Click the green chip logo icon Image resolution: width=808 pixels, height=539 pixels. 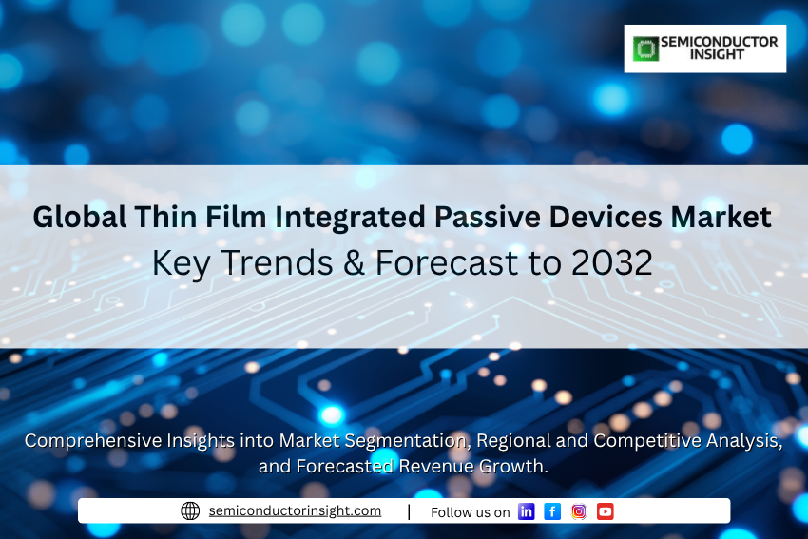tap(645, 48)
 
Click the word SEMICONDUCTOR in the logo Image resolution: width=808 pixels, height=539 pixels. tap(720, 42)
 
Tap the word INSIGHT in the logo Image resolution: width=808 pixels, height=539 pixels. tap(717, 54)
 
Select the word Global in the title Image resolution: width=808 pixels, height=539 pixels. tap(79, 217)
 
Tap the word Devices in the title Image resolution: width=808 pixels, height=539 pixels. tap(605, 217)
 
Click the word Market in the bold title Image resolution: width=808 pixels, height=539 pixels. tap(721, 217)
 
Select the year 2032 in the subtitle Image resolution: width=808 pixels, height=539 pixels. tap(611, 262)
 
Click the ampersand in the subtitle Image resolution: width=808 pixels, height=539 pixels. tap(354, 262)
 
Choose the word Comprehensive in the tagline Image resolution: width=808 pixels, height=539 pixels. tap(93, 441)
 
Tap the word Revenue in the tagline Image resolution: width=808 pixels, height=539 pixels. tap(436, 466)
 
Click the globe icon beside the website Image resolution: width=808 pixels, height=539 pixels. tap(190, 510)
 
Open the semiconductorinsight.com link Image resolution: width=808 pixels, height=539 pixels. tap(295, 510)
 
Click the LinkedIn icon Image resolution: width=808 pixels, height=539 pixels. tap(526, 511)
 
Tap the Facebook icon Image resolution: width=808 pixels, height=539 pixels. tap(552, 511)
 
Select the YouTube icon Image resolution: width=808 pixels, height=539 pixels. tap(606, 511)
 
